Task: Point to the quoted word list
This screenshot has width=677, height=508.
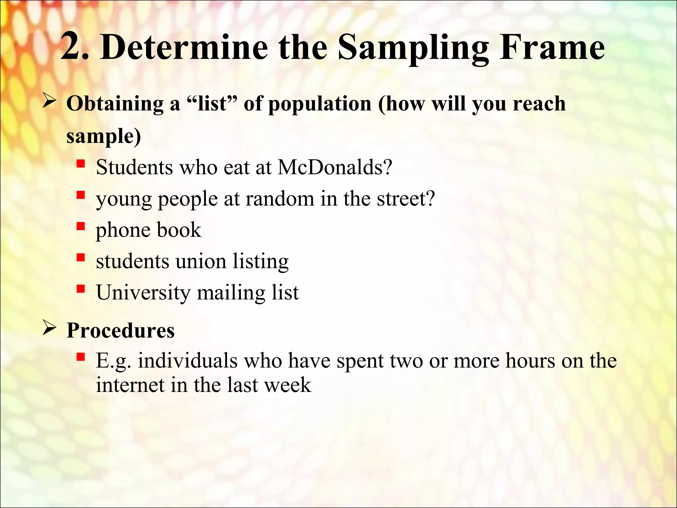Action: tap(212, 104)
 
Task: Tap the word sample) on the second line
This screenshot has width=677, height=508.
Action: tap(103, 136)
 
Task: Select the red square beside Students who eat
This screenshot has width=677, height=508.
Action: tap(81, 164)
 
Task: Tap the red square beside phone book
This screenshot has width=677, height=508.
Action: tap(81, 227)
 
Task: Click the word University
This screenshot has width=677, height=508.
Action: tap(143, 293)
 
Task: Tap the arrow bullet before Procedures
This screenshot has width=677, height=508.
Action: tap(49, 328)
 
